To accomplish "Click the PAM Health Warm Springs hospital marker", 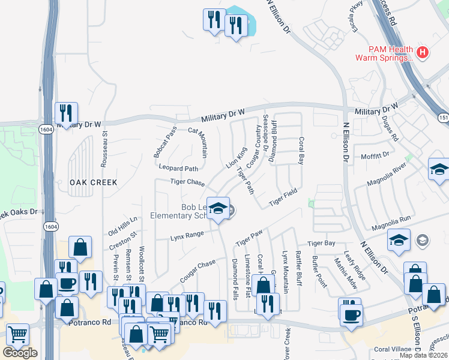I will pos(423,52).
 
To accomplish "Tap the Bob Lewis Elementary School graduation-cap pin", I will pos(217,208).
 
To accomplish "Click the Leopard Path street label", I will pos(178,169).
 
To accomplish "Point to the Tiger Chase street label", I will pos(187,181).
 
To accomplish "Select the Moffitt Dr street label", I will pos(376,155).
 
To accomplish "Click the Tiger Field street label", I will pos(283,197).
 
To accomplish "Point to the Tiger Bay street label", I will pos(321,244).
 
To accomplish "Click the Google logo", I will pos(20,352).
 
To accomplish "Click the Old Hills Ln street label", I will pos(123,226).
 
